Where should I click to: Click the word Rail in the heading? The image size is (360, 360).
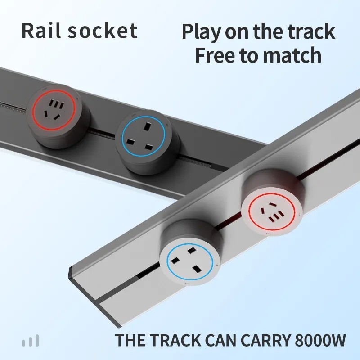pos(41,31)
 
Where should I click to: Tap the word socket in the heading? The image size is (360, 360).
pos(103,31)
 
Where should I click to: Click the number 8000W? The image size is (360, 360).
pos(320,340)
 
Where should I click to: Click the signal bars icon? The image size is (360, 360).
pos(30,341)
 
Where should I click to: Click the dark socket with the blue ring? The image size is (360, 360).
pos(147,142)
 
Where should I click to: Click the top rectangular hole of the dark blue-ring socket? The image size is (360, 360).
pos(148,126)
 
